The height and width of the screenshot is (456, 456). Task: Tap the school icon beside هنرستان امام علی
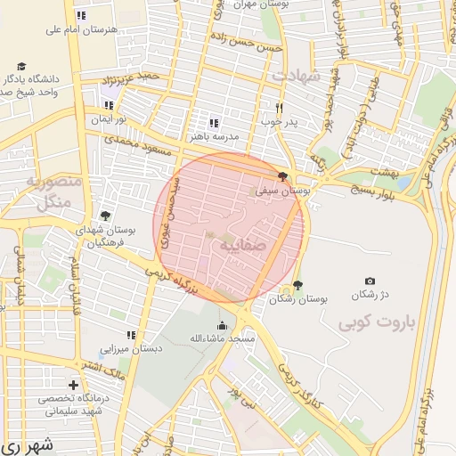pos(81,15)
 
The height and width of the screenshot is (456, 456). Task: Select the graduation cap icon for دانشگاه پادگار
pos(21,66)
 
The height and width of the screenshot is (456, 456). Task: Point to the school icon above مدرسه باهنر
pos(213,123)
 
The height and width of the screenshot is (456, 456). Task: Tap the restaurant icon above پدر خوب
pos(265,105)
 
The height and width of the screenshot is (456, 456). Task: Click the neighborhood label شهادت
pos(296,76)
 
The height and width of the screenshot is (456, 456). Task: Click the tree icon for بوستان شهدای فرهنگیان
pos(105,216)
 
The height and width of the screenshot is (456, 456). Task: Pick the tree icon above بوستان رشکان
pos(297,286)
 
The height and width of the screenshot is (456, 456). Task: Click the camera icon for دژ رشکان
pos(370,281)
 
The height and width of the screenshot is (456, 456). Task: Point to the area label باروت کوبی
pos(378,324)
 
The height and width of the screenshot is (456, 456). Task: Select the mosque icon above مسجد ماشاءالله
pos(222,325)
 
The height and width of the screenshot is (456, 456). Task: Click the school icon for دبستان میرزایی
pos(130,336)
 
